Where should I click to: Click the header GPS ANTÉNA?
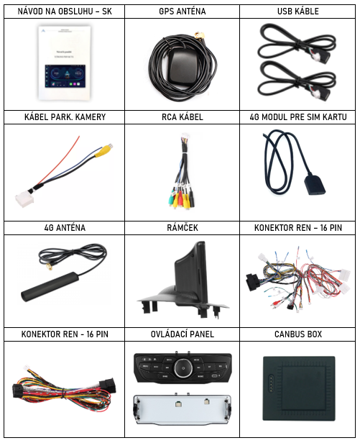[x=182, y=12]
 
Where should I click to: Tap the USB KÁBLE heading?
[x=298, y=12]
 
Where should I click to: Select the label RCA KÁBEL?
[x=182, y=117]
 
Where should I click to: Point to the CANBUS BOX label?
[x=298, y=334]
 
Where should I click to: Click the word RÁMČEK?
[x=182, y=228]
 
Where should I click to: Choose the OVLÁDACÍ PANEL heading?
[x=182, y=334]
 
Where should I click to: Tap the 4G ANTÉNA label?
[x=65, y=228]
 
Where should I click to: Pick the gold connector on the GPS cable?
[x=199, y=36]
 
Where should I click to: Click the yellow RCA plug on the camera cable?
[x=102, y=150]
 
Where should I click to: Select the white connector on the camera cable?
[x=24, y=200]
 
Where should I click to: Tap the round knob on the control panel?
[x=183, y=368]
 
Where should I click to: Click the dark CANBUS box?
[x=299, y=388]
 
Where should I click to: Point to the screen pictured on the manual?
[x=65, y=76]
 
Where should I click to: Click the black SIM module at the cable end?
[x=315, y=186]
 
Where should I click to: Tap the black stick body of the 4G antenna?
[x=50, y=287]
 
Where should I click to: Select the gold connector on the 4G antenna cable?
[x=50, y=267]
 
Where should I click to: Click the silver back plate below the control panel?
[x=182, y=409]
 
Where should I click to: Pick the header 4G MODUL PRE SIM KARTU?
[x=298, y=117]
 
